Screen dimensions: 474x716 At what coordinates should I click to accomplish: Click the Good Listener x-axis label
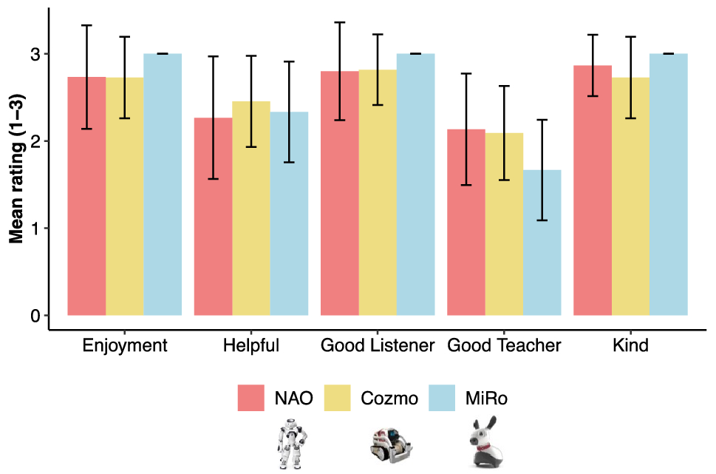pos(377,345)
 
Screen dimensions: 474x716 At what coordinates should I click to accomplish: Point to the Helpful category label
pos(251,345)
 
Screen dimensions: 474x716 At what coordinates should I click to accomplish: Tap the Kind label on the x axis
pos(630,345)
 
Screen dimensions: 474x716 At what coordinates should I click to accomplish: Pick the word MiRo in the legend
pos(486,399)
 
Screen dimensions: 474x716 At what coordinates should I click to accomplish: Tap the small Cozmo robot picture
pos(391,444)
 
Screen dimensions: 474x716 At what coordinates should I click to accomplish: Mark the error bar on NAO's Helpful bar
pos(213,118)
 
